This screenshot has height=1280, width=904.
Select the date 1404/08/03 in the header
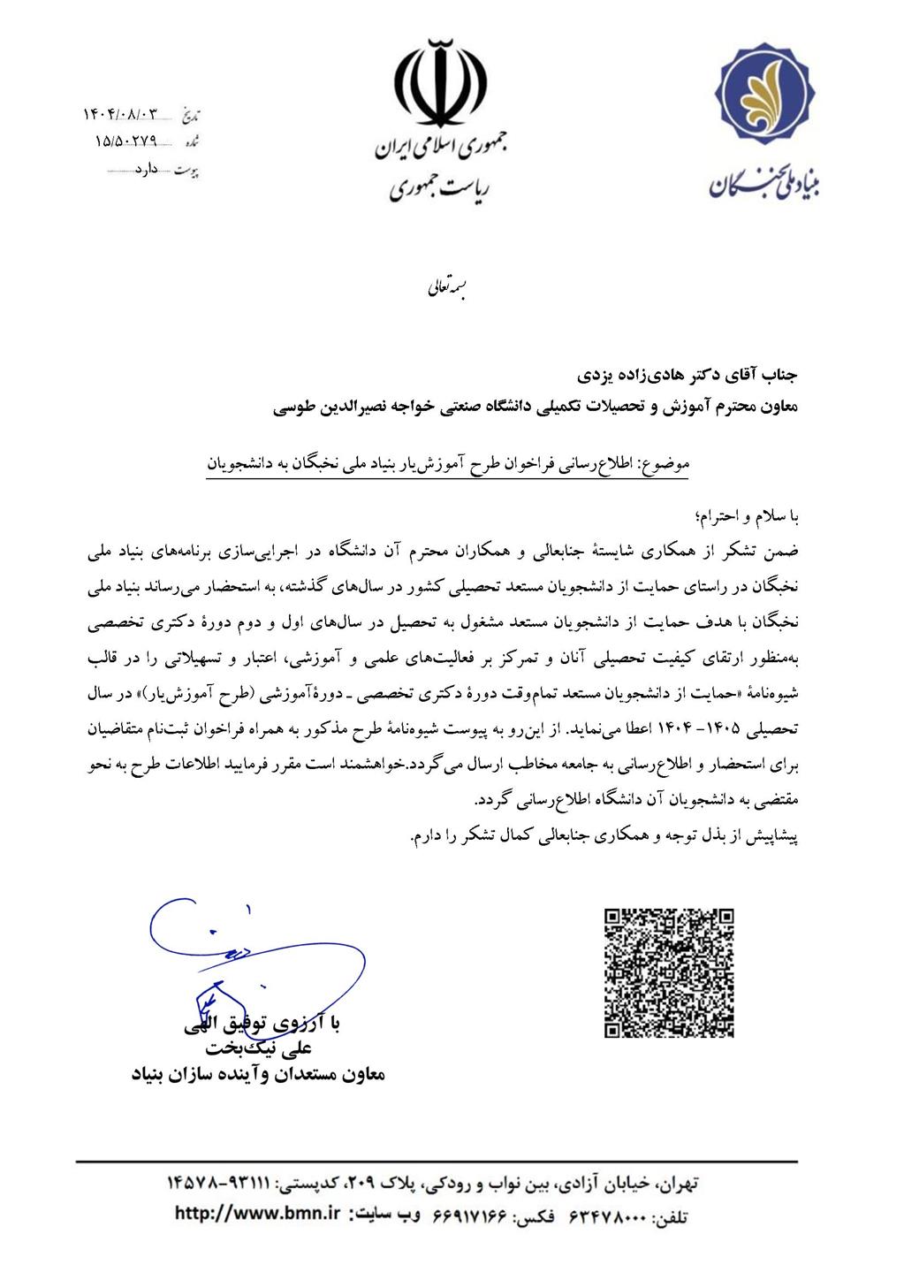point(123,115)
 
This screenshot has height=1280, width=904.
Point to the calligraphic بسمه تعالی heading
point(441,287)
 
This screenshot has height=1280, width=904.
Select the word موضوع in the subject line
point(667,462)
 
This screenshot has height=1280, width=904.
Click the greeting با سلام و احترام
point(749,516)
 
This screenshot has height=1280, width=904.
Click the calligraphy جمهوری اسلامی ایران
point(439,149)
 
